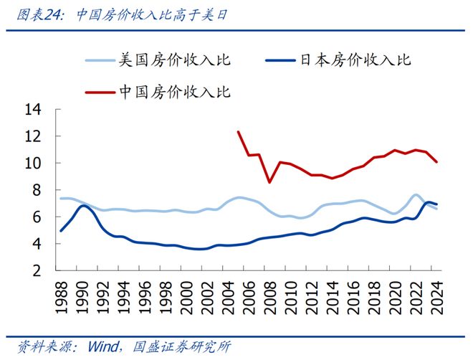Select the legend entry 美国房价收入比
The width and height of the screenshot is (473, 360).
[x=172, y=60]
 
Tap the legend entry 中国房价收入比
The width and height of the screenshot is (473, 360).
[x=172, y=92]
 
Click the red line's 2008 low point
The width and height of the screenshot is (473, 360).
[x=269, y=182]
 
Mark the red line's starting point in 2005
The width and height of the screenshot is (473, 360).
[x=238, y=131]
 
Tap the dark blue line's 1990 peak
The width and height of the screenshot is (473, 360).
[x=84, y=206]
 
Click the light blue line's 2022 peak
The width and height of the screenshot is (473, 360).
[x=416, y=195]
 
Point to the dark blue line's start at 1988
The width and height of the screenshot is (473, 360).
[x=60, y=231]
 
